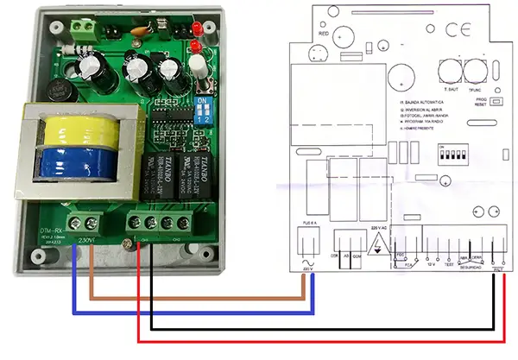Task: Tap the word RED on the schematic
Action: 325,34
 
